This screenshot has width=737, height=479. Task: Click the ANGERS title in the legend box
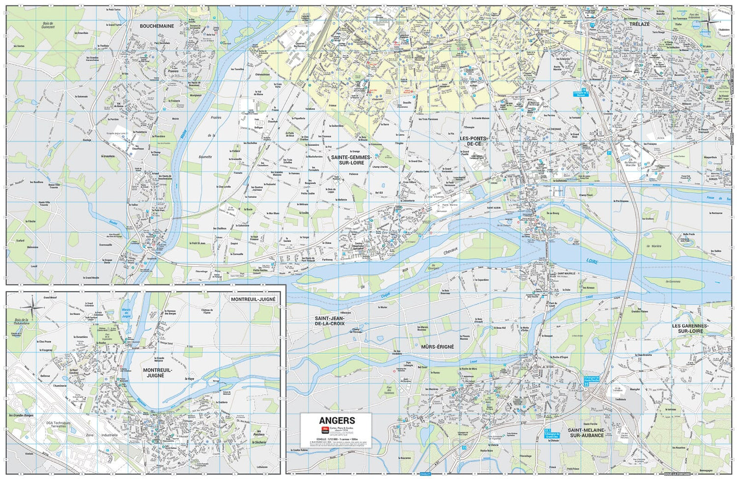(x=337, y=421)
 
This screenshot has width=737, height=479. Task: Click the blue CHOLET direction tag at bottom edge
(x=425, y=474)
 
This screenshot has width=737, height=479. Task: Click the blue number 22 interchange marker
(x=586, y=385)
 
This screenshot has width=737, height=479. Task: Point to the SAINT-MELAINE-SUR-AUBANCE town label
(x=586, y=432)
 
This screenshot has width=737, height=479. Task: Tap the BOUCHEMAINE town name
(x=157, y=26)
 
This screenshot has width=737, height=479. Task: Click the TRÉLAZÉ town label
(x=640, y=24)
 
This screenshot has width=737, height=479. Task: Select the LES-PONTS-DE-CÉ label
(x=473, y=141)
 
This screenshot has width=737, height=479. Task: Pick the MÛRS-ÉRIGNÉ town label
(x=437, y=347)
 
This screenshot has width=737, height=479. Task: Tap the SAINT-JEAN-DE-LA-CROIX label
(x=330, y=321)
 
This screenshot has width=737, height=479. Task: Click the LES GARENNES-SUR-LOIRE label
(x=690, y=328)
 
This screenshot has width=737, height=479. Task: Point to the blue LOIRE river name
(x=592, y=261)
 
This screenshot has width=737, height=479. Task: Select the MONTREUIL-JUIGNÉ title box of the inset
(x=253, y=299)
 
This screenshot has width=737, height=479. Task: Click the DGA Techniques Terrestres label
(x=58, y=425)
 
